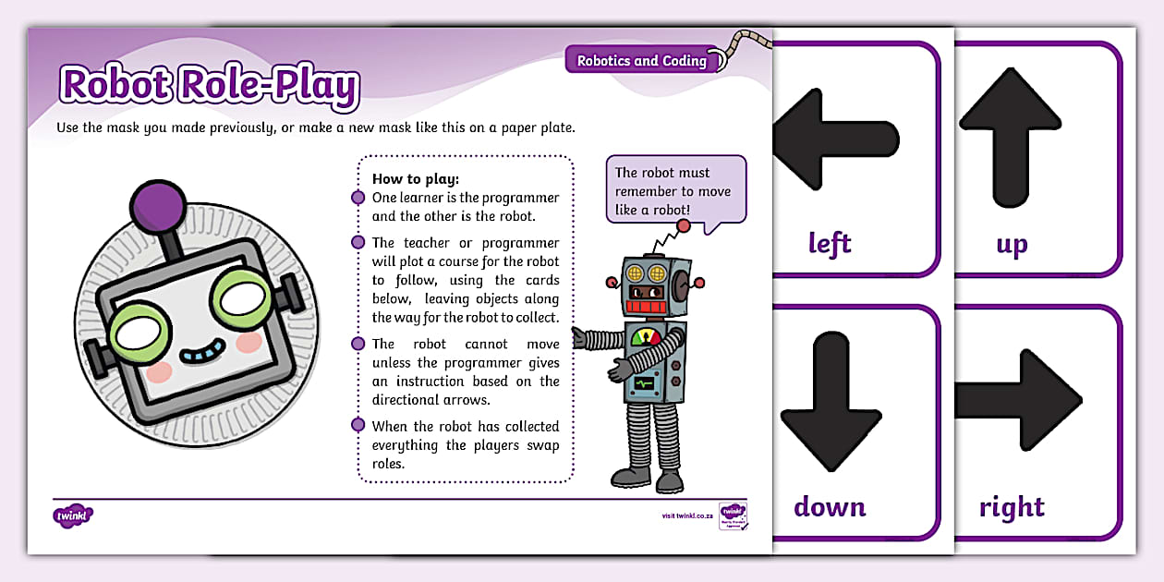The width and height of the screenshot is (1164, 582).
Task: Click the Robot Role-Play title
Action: [209, 86]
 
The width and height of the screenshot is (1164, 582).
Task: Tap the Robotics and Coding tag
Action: [641, 61]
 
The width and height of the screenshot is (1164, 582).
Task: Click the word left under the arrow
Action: [830, 244]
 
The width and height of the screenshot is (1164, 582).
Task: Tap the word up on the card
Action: [1012, 245]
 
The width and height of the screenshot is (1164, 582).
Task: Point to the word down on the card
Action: [830, 507]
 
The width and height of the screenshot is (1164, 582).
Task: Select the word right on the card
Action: [1012, 507]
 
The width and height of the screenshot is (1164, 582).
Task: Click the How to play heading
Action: [415, 179]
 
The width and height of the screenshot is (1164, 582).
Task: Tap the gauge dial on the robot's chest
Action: [647, 337]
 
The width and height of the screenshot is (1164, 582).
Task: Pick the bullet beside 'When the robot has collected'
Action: [358, 426]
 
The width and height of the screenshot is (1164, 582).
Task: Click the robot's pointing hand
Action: [581, 338]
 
